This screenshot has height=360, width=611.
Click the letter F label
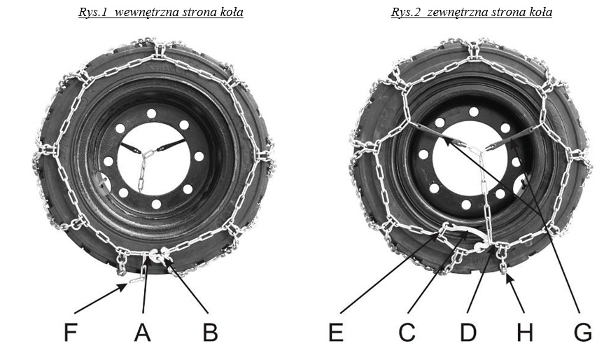tap(70, 332)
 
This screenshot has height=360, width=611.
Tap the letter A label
tap(142, 332)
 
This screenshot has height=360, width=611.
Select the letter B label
tap(210, 332)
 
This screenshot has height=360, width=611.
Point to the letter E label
tap(336, 332)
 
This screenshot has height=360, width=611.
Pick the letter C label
tap(407, 332)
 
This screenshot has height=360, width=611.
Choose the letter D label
tap(468, 332)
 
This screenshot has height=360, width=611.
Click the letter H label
tap(525, 332)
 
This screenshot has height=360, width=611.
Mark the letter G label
tap(583, 332)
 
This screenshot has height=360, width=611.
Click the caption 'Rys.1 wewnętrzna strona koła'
tap(161, 12)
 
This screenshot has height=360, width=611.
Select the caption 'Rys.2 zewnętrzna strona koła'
tap(472, 12)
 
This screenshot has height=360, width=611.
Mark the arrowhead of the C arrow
tap(466, 232)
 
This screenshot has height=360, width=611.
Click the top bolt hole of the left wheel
tap(152, 113)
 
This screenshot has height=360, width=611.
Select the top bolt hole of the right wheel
tap(474, 112)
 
